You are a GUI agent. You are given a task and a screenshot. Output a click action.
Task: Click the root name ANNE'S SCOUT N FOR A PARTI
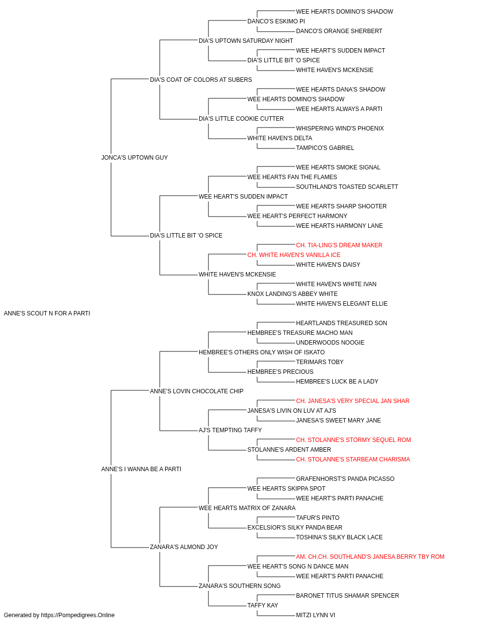pos(47,313)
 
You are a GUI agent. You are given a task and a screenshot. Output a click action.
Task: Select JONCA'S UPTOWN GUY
pos(134,157)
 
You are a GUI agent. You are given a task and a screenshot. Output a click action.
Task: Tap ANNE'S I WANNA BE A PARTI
pos(141,469)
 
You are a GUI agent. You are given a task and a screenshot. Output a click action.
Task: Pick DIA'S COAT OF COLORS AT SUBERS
pos(201,80)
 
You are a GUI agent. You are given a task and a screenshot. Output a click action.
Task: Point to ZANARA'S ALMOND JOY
pos(184,547)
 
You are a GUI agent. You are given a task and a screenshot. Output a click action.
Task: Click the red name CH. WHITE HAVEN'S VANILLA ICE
pos(294,255)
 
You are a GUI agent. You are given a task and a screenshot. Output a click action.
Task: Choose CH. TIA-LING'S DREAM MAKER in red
pos(339,245)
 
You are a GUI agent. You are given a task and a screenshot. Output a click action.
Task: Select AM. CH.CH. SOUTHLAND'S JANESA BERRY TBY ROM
pos(370,556)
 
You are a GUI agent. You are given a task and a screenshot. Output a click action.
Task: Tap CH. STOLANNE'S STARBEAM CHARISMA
pos(353,459)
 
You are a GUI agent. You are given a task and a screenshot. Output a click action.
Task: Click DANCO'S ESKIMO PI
pos(276,21)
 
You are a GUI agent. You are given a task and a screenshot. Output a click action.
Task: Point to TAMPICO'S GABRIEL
pos(325,147)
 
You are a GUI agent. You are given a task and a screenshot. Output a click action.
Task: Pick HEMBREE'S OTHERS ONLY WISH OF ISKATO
pos(262,352)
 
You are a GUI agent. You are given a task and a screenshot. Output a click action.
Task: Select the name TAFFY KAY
pos(262,605)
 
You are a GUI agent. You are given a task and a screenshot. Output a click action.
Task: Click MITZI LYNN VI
pos(316,615)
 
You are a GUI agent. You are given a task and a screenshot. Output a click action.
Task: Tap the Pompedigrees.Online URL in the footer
pos(77,615)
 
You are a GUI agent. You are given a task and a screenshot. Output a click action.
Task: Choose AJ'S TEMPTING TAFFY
pos(230,430)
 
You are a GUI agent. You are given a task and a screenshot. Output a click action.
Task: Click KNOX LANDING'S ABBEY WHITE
pos(292,294)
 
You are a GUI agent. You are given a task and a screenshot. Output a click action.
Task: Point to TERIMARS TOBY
pos(319,362)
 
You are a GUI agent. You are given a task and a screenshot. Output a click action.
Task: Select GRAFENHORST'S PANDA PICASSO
pos(345,479)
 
